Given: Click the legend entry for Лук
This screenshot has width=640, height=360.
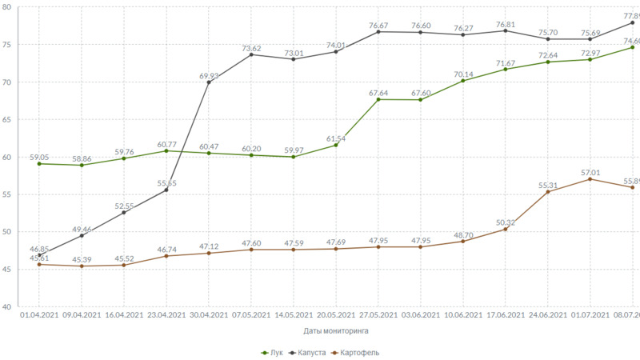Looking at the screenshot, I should click(x=272, y=353).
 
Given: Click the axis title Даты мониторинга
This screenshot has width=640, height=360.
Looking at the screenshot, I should click(x=336, y=330).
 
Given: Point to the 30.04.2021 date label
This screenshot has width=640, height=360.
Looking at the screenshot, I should click(x=209, y=314).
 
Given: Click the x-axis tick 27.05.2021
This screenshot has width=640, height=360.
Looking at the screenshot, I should click(x=378, y=314).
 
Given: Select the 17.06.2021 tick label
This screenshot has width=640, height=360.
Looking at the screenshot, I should click(x=505, y=314).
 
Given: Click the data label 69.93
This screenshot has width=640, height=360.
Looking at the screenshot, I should click(x=210, y=76).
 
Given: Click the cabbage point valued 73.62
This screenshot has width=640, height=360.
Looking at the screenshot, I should click(x=251, y=54).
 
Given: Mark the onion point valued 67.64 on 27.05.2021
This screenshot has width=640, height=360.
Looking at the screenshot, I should click(x=378, y=99).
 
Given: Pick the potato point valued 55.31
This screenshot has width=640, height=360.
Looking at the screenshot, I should click(x=548, y=192).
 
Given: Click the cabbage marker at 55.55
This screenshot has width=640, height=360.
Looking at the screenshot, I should click(x=166, y=190).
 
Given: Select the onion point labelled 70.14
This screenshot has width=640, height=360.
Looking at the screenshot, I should click(x=463, y=81).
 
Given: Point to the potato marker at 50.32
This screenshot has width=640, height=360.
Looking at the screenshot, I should click(x=505, y=229).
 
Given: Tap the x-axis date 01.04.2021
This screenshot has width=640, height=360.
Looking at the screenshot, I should click(x=39, y=314).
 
